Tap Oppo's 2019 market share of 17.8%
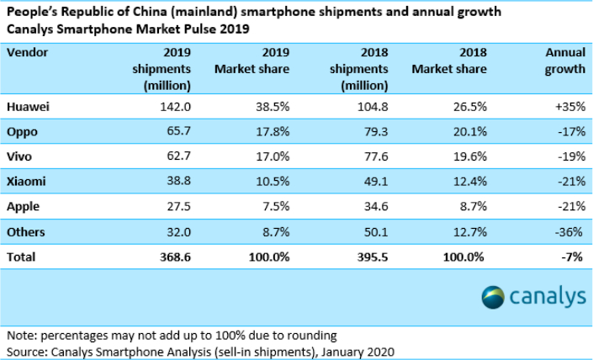[267, 133]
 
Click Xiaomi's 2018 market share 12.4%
[462, 182]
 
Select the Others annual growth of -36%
[569, 230]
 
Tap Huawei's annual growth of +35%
[568, 109]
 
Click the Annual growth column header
[564, 61]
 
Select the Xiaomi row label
[26, 182]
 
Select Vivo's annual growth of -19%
[569, 157]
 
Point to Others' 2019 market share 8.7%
[271, 230]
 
